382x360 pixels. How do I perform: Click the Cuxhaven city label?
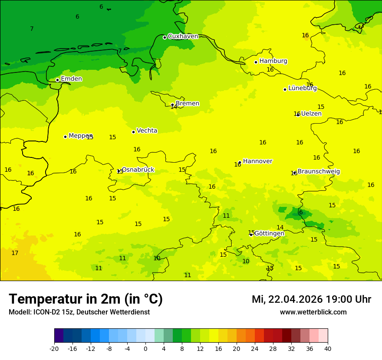pyautogui.click(x=183, y=36)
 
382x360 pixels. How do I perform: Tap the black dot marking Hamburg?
pyautogui.click(x=256, y=62)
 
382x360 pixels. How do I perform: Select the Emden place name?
pyautogui.click(x=71, y=79)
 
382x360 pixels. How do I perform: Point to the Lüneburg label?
pyautogui.click(x=302, y=88)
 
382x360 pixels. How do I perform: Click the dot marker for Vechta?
pyautogui.click(x=133, y=132)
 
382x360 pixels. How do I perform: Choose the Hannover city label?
pyautogui.click(x=257, y=161)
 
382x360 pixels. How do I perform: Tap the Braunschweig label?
pyautogui.click(x=319, y=172)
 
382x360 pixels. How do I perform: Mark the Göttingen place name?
pyautogui.click(x=269, y=233)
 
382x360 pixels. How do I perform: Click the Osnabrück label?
pyautogui.click(x=138, y=170)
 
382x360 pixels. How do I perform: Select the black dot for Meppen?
pyautogui.click(x=65, y=137)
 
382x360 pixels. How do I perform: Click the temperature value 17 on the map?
pyautogui.click(x=15, y=253)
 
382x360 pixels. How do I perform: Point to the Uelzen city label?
pyautogui.click(x=311, y=114)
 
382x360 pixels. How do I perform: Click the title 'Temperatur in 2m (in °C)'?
pyautogui.click(x=86, y=299)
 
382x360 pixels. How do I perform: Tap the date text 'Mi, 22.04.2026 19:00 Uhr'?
pyautogui.click(x=311, y=300)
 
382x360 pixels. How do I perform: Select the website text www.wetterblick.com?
pyautogui.click(x=313, y=312)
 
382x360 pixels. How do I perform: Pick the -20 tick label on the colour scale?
pyautogui.click(x=54, y=349)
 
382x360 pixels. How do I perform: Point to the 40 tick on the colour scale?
pyautogui.click(x=327, y=349)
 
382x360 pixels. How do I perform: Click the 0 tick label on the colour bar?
pyautogui.click(x=145, y=349)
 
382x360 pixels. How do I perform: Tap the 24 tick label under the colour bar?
pyautogui.click(x=255, y=349)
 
